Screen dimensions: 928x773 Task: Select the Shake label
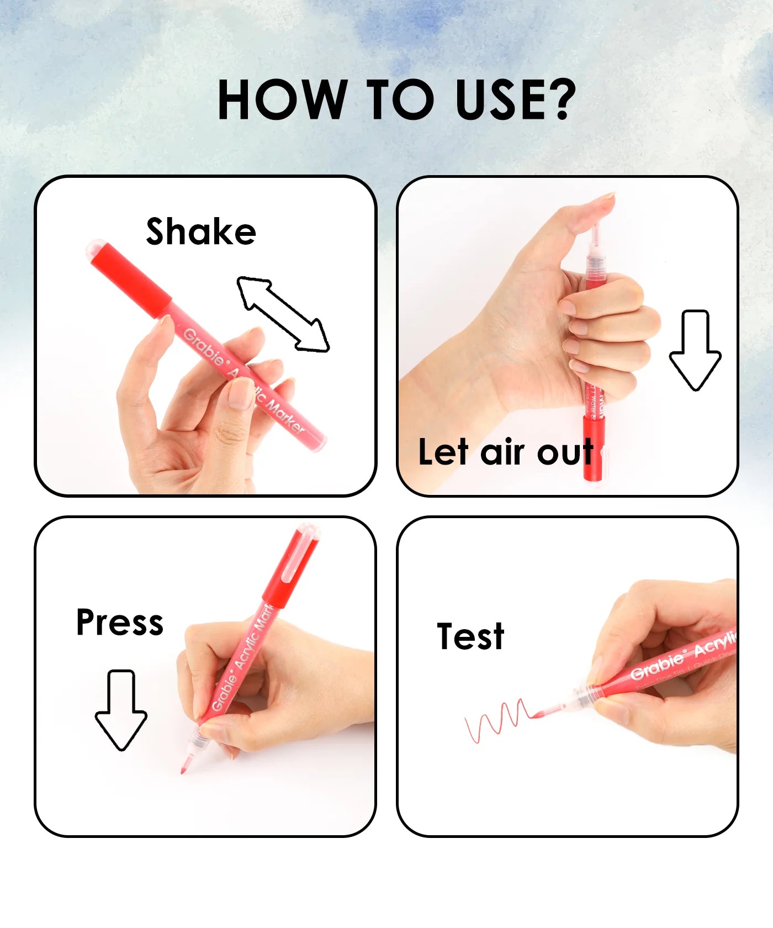click(x=201, y=231)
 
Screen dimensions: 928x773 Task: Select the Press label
click(x=120, y=623)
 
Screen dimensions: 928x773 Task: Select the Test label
click(x=470, y=636)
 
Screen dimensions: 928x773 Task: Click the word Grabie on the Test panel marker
click(x=657, y=666)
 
